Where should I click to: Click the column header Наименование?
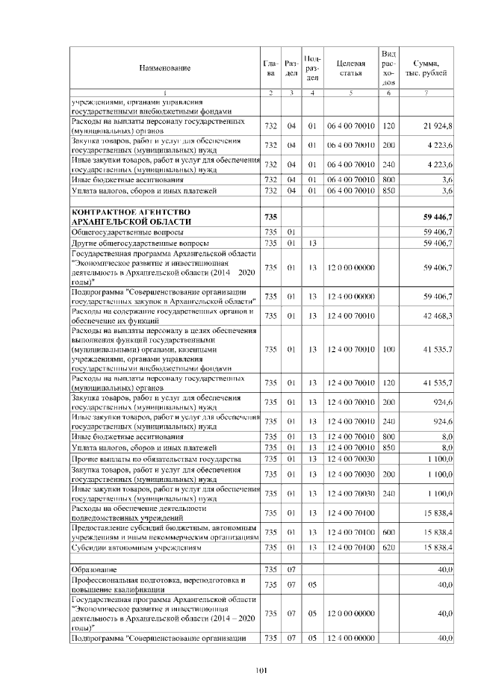(x=164, y=68)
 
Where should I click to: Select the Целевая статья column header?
(x=350, y=68)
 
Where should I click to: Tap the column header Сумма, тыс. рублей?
(x=426, y=68)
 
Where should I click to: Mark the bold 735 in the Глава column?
(x=270, y=217)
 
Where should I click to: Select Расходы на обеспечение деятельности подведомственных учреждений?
(x=138, y=512)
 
